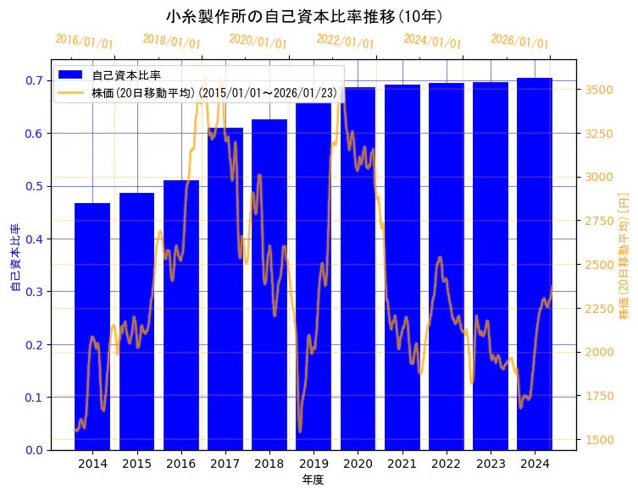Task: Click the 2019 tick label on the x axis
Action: (313, 464)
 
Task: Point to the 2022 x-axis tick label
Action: (446, 464)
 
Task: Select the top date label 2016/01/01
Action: (84, 41)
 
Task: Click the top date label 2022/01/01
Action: (345, 41)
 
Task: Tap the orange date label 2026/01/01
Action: (519, 41)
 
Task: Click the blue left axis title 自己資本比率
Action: (14, 258)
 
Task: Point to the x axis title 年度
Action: (313, 480)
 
